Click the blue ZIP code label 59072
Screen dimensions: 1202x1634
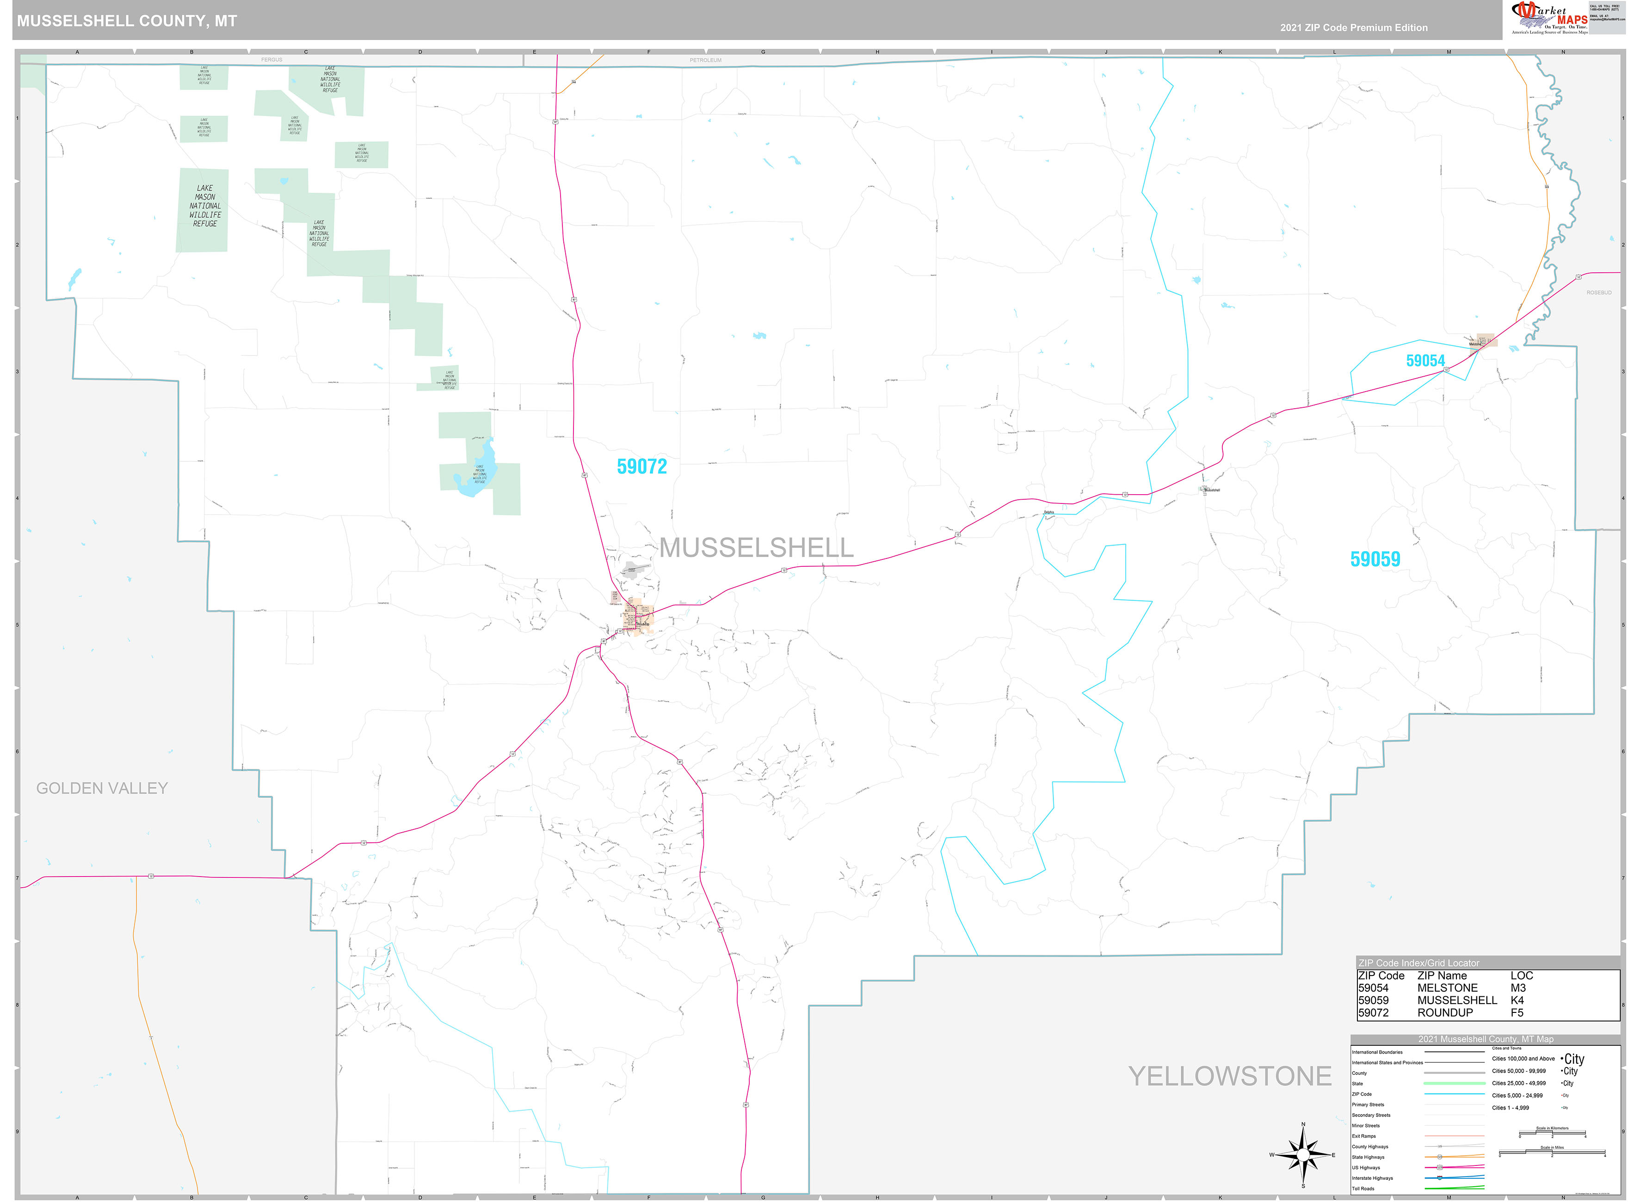click(641, 466)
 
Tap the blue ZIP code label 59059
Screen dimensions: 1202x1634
click(1375, 559)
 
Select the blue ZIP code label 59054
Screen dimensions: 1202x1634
click(1425, 361)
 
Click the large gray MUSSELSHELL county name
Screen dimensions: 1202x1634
click(756, 548)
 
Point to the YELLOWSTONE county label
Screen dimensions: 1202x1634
click(1229, 1076)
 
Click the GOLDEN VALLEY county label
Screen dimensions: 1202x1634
click(102, 788)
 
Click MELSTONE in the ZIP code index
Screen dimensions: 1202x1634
click(1447, 988)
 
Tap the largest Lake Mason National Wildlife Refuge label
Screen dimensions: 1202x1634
click(204, 206)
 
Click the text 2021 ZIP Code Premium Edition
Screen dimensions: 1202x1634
click(1354, 28)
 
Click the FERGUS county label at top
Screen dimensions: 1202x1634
click(271, 60)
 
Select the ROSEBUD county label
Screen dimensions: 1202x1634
click(1598, 293)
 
